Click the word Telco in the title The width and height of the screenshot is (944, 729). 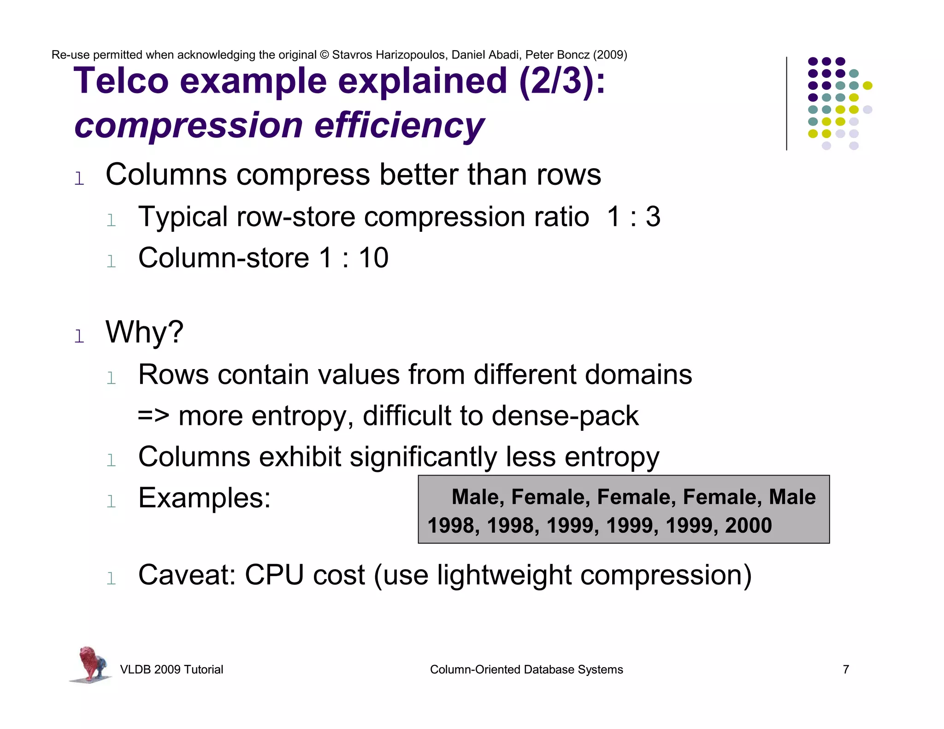(x=121, y=81)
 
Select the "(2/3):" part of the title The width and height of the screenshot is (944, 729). (x=562, y=81)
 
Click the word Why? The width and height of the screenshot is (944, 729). (x=144, y=332)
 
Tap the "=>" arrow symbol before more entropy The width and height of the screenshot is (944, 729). (x=153, y=416)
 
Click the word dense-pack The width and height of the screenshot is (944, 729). (x=565, y=416)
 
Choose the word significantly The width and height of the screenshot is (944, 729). (x=423, y=457)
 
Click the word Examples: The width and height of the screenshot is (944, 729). (x=205, y=498)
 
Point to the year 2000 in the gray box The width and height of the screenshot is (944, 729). (x=748, y=525)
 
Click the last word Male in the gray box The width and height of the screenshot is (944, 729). (x=792, y=497)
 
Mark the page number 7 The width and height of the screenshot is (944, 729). (x=846, y=670)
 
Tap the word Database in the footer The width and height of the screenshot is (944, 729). (x=551, y=670)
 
